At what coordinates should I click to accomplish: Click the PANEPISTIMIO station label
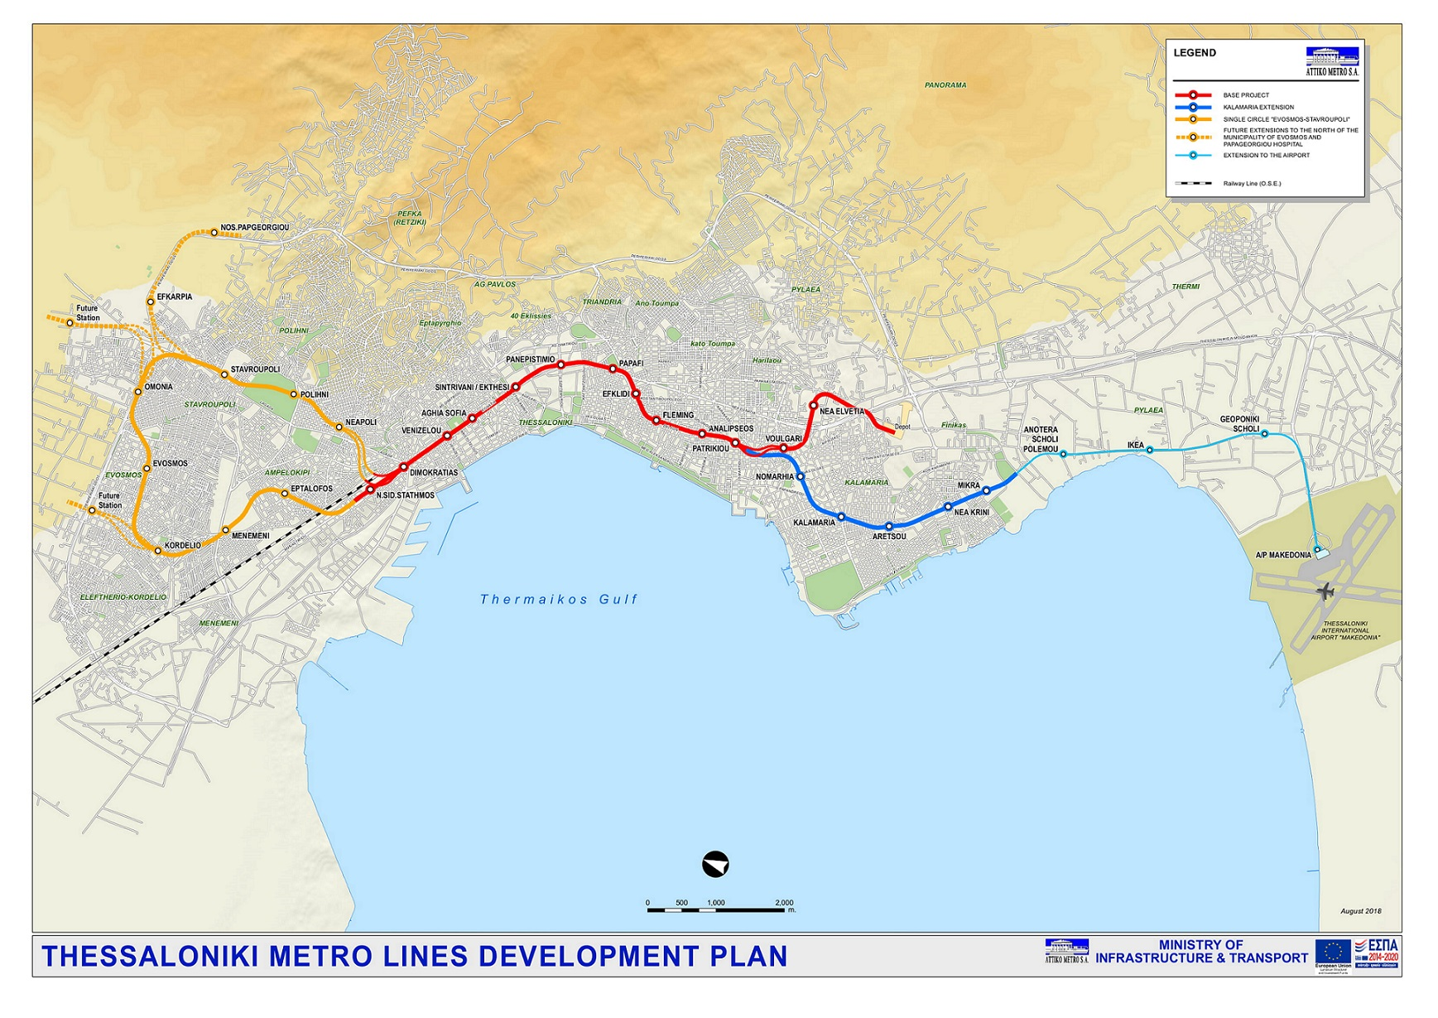point(530,359)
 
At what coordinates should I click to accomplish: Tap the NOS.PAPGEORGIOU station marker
point(214,233)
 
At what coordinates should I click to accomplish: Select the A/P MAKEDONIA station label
point(1282,555)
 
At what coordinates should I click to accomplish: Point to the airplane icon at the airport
point(1325,591)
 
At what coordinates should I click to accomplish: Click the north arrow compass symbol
point(714,864)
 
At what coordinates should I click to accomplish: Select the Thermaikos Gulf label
point(559,599)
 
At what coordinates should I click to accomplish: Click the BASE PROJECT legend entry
point(1245,95)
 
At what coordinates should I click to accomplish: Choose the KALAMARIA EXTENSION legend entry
point(1258,107)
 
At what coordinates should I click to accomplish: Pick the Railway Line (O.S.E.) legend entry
point(1251,183)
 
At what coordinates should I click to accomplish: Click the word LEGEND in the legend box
point(1194,53)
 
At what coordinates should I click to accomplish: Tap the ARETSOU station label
point(888,537)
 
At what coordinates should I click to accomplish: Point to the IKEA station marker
point(1149,450)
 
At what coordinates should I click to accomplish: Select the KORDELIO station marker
point(158,551)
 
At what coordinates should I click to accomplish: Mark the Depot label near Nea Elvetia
point(902,427)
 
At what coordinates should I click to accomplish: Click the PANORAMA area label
point(945,85)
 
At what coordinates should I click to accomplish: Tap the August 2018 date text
point(1360,911)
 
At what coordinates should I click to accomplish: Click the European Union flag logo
point(1332,951)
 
